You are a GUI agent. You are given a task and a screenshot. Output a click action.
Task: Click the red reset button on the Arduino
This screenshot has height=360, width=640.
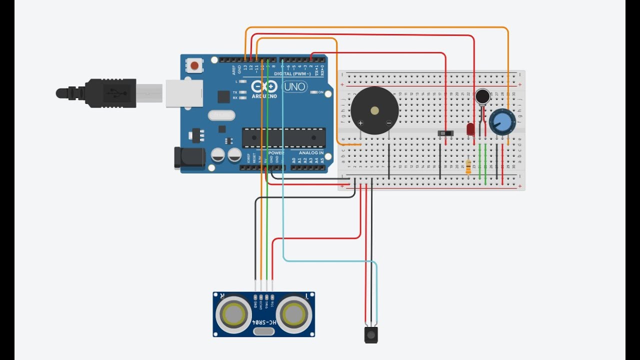194,65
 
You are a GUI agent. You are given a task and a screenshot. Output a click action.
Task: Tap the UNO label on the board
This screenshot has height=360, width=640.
294,87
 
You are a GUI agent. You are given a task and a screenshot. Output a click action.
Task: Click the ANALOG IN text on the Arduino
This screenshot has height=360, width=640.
311,152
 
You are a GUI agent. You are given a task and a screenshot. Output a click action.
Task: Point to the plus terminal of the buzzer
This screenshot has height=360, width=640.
360,122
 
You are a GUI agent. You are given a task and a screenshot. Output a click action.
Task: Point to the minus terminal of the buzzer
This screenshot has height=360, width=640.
389,122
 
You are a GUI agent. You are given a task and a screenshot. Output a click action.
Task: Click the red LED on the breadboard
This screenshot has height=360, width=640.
470,129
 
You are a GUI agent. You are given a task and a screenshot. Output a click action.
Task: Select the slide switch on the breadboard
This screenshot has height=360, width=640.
445,133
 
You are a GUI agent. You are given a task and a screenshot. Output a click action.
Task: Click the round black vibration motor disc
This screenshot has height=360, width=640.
482,96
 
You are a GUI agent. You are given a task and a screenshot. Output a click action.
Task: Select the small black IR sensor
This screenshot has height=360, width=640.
371,334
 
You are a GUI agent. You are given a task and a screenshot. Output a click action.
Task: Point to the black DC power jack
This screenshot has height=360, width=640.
189,157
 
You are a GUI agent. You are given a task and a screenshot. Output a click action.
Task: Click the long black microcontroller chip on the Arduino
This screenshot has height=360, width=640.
283,137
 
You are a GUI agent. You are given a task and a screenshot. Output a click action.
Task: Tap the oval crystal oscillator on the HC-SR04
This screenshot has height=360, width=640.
264,331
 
